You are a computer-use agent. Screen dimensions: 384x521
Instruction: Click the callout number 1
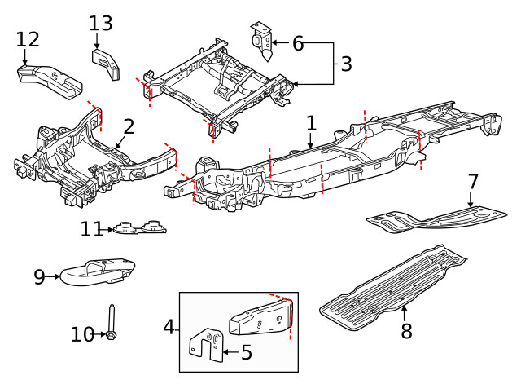[x=311, y=123]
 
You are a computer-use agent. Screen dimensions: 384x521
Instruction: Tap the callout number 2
[x=129, y=126]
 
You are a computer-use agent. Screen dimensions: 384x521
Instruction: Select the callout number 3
[x=346, y=63]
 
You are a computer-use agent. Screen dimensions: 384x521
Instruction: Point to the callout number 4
[x=169, y=327]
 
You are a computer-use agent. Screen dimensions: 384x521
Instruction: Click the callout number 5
[x=246, y=352]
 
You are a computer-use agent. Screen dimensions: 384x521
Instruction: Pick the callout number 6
[x=298, y=43]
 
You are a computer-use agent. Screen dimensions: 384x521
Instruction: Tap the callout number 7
[x=472, y=181]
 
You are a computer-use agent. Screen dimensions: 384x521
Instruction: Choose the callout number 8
[x=406, y=331]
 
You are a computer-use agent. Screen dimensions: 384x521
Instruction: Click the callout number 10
[x=83, y=334]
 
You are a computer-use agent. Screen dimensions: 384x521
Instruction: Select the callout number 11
[x=92, y=230]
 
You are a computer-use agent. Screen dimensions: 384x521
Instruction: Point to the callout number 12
[x=27, y=39]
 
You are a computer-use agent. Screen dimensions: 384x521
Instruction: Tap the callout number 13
[x=101, y=23]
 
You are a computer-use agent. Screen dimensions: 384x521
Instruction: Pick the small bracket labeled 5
[x=206, y=346]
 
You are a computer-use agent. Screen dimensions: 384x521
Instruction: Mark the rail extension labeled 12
[x=49, y=79]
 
